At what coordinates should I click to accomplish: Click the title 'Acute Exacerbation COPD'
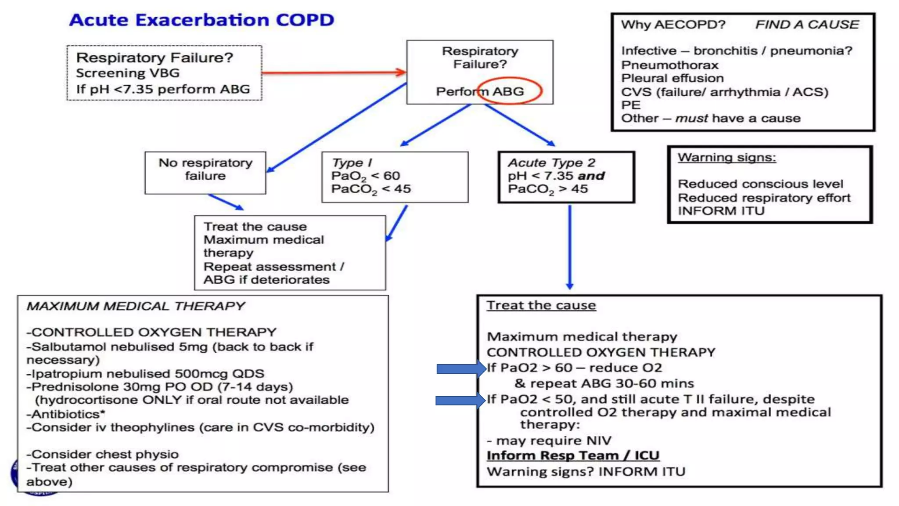click(201, 20)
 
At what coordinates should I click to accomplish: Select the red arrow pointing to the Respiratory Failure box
click(334, 72)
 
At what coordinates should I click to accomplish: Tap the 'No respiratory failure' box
click(205, 172)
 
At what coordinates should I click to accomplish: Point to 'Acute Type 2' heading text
click(552, 163)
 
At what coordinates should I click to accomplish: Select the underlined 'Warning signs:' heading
click(726, 157)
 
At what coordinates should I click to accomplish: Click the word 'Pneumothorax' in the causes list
click(669, 65)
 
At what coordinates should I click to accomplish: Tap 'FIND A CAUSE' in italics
click(807, 25)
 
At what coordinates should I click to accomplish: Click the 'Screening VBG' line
click(128, 73)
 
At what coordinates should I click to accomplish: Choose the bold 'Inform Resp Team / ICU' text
click(573, 455)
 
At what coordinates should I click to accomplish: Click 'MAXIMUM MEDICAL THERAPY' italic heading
click(136, 306)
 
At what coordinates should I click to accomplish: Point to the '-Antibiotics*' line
click(66, 414)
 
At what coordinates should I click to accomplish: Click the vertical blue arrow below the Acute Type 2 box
click(570, 246)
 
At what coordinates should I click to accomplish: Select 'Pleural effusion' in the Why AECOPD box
click(672, 78)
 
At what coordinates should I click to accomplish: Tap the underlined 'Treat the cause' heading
click(541, 305)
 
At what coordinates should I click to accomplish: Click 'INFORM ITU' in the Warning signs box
click(721, 211)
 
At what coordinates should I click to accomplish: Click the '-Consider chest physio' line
click(103, 454)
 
